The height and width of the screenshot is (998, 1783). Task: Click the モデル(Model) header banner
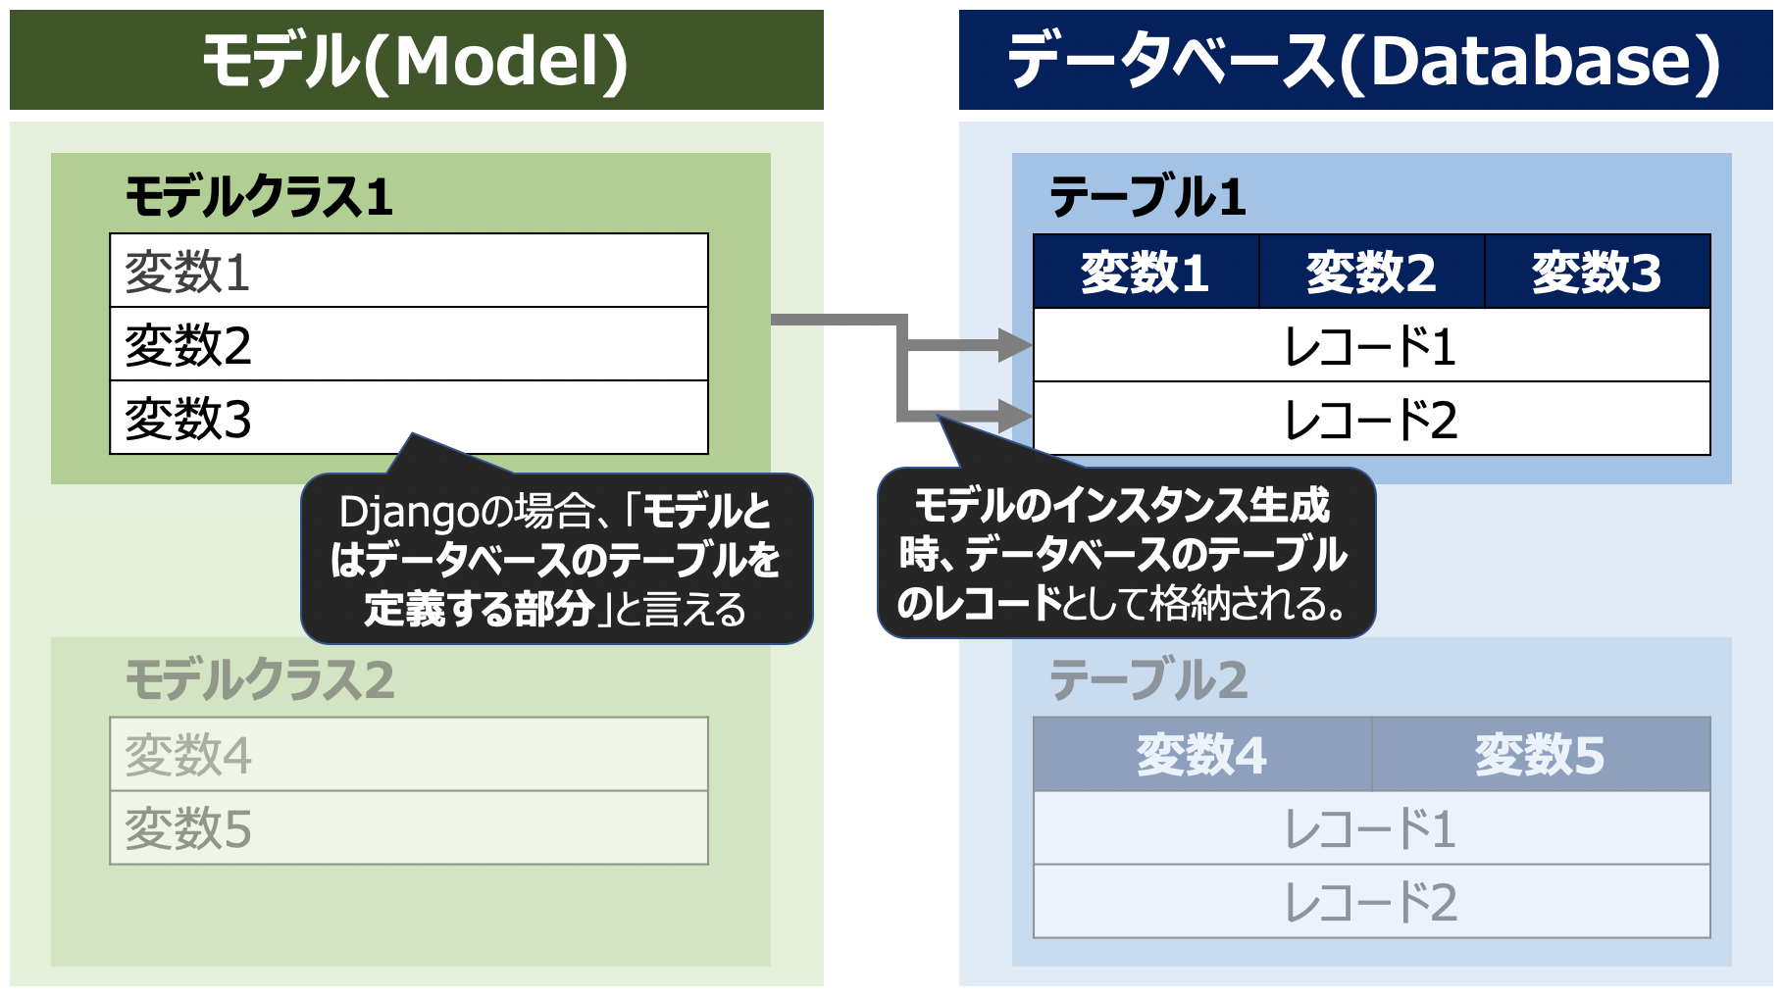(x=416, y=60)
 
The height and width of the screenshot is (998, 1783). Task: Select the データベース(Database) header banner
(x=1364, y=60)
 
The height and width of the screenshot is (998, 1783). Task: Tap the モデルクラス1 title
(x=259, y=196)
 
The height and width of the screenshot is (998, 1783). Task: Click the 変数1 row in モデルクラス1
(x=408, y=271)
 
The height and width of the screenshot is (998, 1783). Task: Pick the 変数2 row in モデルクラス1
(x=408, y=344)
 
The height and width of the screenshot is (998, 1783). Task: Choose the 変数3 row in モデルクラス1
(x=408, y=418)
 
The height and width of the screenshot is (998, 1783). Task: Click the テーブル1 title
(x=1147, y=196)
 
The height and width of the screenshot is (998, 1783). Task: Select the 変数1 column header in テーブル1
(x=1146, y=272)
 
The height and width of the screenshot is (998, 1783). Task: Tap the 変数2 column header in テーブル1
(x=1371, y=272)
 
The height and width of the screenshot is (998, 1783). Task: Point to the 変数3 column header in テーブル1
(x=1597, y=272)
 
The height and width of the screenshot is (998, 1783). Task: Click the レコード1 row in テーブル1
(x=1371, y=346)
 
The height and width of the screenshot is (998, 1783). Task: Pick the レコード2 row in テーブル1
(x=1371, y=420)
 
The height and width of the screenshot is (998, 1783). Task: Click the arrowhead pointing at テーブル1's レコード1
(x=1014, y=344)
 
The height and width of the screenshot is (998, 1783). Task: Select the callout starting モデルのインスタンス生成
(x=1125, y=554)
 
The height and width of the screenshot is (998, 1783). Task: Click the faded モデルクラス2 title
(x=259, y=679)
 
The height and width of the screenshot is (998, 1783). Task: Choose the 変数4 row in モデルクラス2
(x=408, y=755)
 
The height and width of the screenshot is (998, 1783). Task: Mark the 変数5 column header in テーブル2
(x=1540, y=755)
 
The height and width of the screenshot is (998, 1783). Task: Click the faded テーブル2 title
(x=1147, y=679)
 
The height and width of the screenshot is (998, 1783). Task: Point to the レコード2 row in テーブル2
(x=1371, y=902)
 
